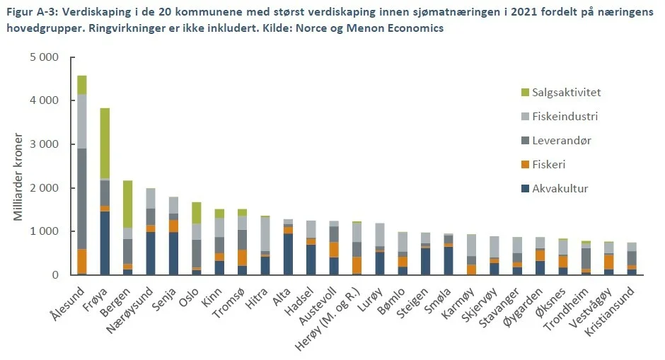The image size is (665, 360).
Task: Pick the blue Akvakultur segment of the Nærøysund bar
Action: point(150,253)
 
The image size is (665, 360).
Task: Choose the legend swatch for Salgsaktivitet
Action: point(524,93)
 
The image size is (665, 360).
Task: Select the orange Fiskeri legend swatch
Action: point(524,165)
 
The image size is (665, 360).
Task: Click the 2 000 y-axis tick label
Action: point(45,188)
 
